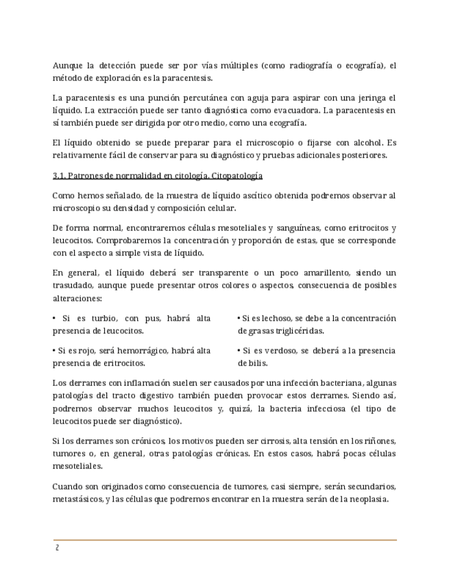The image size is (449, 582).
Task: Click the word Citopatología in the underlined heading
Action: pyautogui.click(x=236, y=176)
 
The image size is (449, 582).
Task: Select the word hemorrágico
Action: pyautogui.click(x=143, y=351)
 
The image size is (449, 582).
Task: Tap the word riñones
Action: pyautogui.click(x=380, y=441)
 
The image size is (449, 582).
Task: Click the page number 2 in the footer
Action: pyautogui.click(x=58, y=548)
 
